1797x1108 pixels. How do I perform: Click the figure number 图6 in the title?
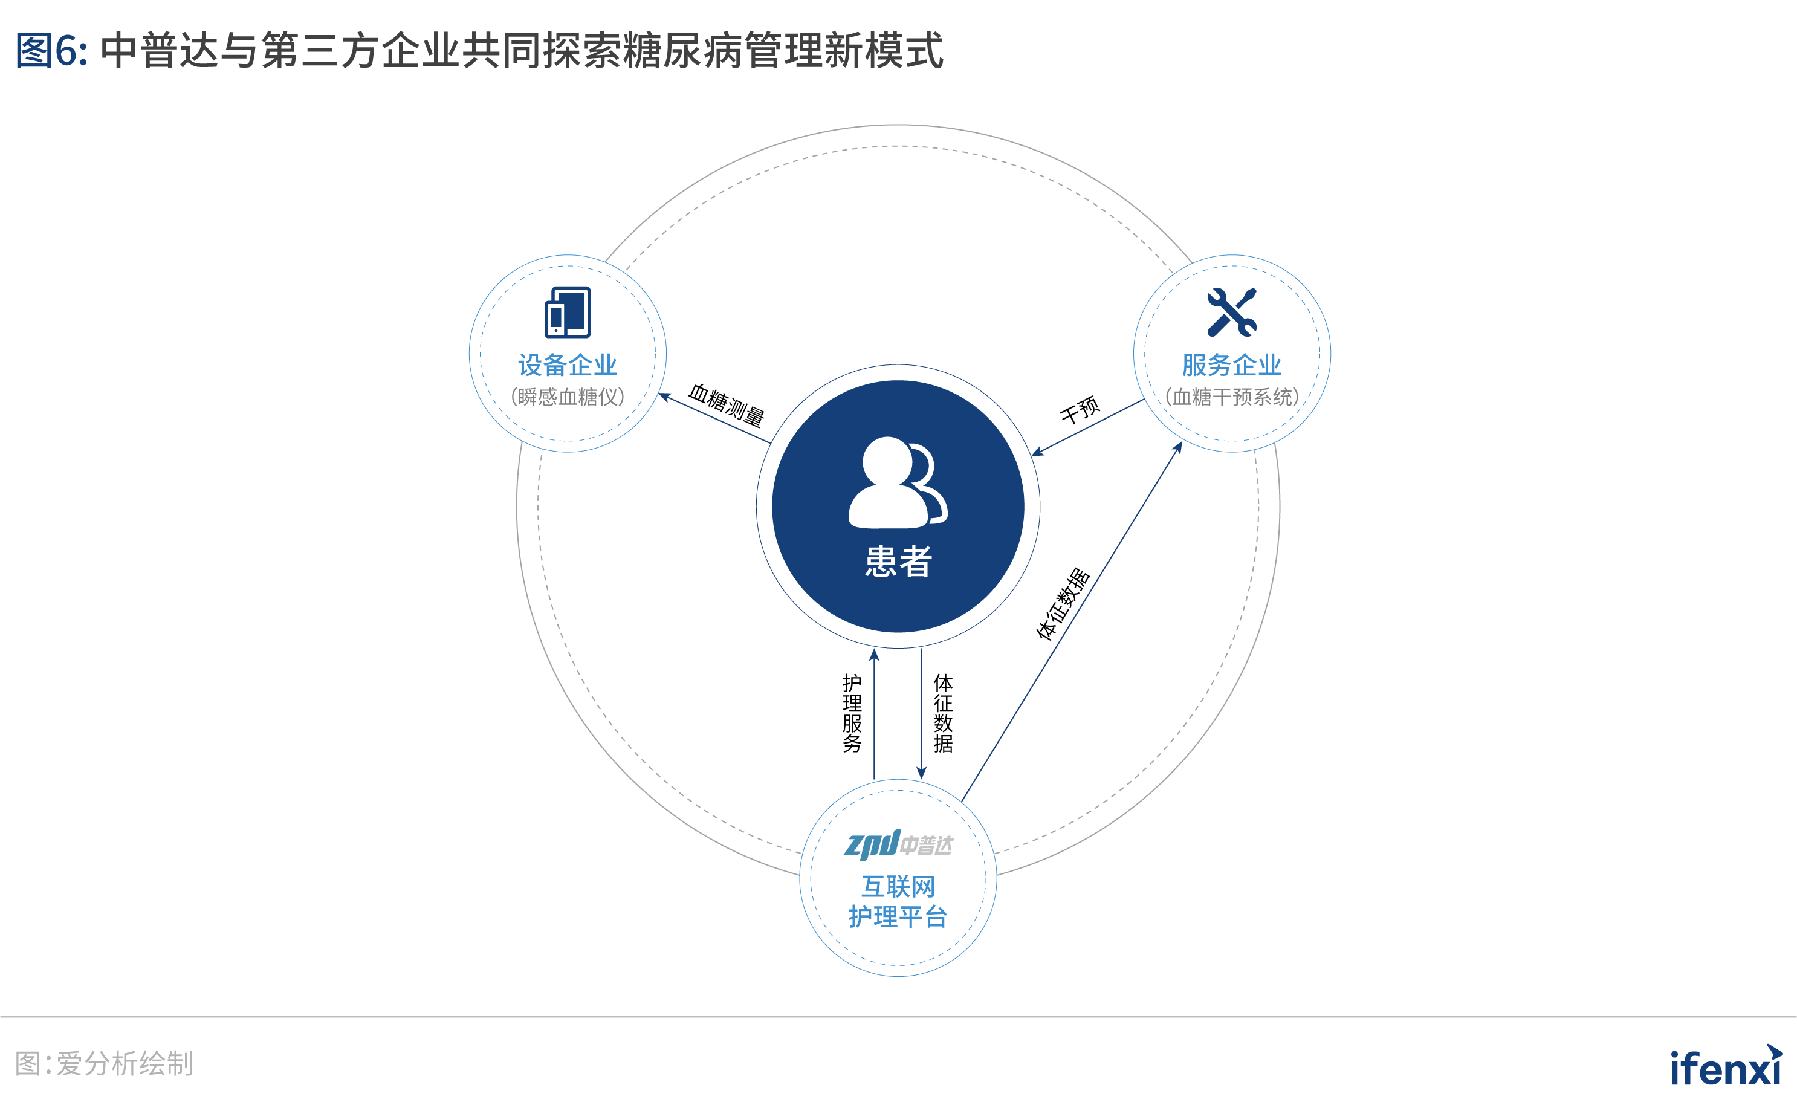click(x=51, y=51)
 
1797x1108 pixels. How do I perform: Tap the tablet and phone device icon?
click(x=568, y=312)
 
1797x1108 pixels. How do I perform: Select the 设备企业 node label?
click(x=568, y=365)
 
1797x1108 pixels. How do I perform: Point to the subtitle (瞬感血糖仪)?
click(x=568, y=397)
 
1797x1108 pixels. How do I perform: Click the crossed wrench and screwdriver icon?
click(x=1232, y=312)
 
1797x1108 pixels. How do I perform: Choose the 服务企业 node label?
click(x=1232, y=365)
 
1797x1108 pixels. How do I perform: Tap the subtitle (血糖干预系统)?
click(x=1232, y=397)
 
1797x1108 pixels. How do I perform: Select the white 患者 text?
click(x=898, y=562)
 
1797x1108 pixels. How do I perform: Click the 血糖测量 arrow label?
click(x=726, y=404)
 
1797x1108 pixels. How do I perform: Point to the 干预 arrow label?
click(x=1080, y=410)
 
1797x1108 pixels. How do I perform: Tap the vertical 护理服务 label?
click(x=852, y=713)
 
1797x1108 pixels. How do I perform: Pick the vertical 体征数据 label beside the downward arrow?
click(x=944, y=713)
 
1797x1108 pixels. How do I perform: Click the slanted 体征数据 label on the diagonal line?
click(x=1064, y=604)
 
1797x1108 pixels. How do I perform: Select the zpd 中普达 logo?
click(x=898, y=845)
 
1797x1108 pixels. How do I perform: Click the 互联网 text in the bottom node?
click(x=898, y=887)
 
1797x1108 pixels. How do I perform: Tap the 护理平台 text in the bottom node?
click(x=898, y=917)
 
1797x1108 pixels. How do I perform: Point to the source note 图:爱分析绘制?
click(x=104, y=1063)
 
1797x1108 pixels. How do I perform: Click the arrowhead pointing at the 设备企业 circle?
click(x=664, y=397)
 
